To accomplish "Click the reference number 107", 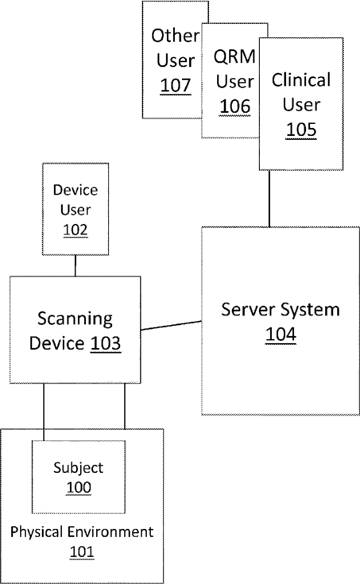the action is tap(176, 85).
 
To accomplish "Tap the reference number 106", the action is tap(234, 106).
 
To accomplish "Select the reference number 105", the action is tap(301, 130).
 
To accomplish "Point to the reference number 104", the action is tap(281, 335).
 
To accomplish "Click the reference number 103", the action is tap(106, 343).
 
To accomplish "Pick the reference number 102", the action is tap(75, 230).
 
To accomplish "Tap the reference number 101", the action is tap(82, 551).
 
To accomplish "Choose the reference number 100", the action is tap(79, 487).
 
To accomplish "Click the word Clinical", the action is tap(301, 80).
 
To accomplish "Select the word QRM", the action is tap(234, 56).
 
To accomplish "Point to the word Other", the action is tap(175, 36).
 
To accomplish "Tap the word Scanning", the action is tap(75, 319).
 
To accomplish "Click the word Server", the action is tap(247, 310).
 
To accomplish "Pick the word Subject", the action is tap(78, 468).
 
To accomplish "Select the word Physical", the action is tap(36, 532).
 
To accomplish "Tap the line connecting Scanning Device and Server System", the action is tap(172, 326).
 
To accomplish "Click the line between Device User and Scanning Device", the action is tap(75, 265).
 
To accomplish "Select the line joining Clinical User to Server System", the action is tap(269, 199).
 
